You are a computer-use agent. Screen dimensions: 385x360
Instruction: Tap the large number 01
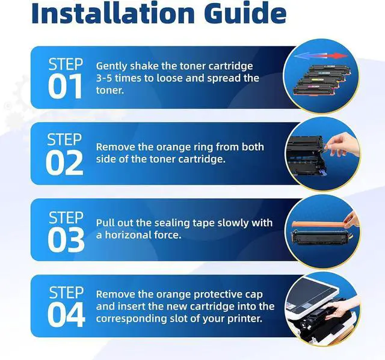tap(65, 86)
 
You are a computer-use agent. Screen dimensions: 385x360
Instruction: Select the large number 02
tap(64, 163)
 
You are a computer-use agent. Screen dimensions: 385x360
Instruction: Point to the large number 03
tap(66, 239)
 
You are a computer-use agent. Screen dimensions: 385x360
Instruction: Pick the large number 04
tap(66, 315)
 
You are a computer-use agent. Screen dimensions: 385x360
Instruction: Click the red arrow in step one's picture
tap(332, 56)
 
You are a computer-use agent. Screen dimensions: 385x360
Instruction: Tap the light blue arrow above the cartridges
tap(307, 56)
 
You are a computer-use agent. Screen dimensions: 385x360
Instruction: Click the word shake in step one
tap(144, 66)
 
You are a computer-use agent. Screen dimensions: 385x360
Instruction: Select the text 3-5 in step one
tap(104, 78)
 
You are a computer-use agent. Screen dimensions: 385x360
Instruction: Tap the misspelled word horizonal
tap(128, 235)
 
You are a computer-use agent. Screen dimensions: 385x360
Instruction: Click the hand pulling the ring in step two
tap(342, 144)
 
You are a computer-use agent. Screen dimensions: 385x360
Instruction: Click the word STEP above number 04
tap(66, 293)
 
